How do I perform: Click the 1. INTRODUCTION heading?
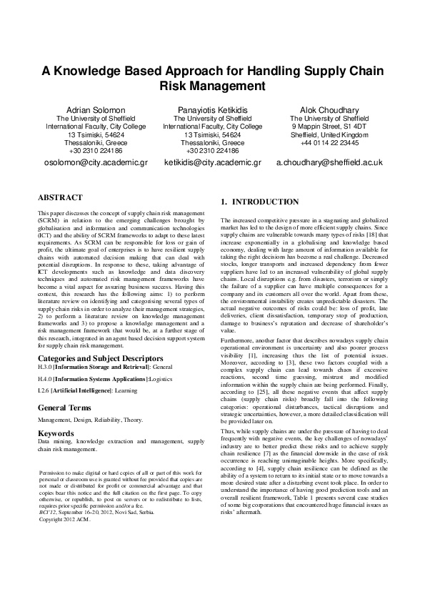click(260, 202)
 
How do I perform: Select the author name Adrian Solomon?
click(95, 109)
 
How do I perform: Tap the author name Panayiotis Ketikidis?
click(212, 109)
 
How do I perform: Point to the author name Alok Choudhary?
click(329, 109)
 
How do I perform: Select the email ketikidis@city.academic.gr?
click(212, 162)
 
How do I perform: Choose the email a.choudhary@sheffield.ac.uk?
click(329, 162)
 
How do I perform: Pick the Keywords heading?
click(56, 433)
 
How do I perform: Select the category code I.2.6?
click(45, 391)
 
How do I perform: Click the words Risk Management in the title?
click(212, 87)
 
